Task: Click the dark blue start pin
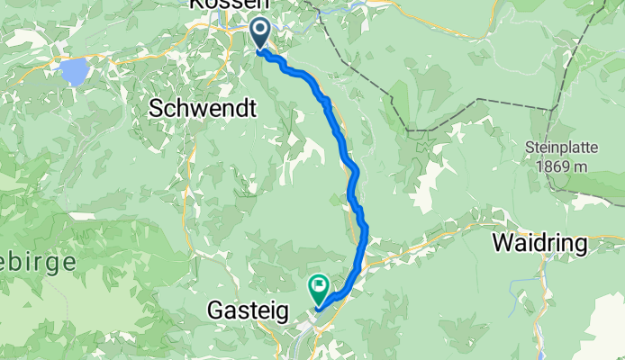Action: [259, 33]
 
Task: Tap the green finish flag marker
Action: [319, 288]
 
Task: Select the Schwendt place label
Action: [203, 108]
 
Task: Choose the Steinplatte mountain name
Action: [561, 147]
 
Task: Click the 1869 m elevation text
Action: [561, 166]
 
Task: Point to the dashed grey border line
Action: [396, 99]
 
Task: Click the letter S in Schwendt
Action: [155, 108]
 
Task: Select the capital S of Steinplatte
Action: [530, 147]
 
